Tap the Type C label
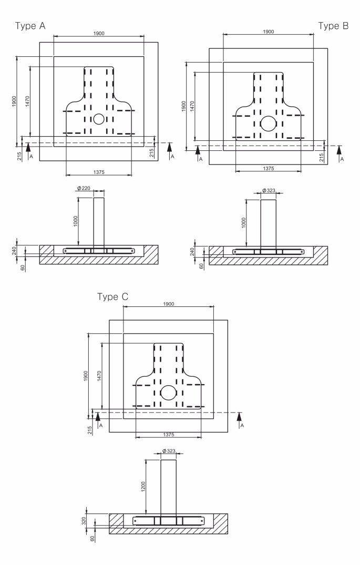click(113, 296)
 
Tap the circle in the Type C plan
click(169, 392)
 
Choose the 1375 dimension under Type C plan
click(169, 435)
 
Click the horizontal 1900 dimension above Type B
click(268, 32)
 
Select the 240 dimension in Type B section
click(193, 251)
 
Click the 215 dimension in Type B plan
click(322, 157)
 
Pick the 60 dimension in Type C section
click(92, 538)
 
